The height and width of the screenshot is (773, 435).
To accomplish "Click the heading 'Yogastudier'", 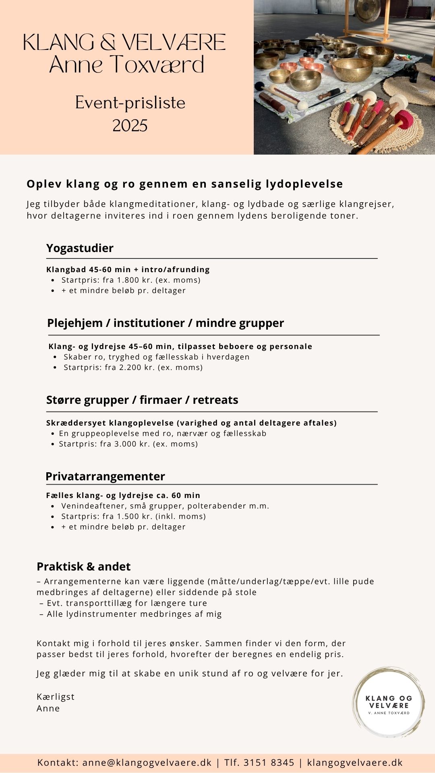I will tap(80, 248).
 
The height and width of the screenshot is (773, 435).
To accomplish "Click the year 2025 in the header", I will tap(130, 126).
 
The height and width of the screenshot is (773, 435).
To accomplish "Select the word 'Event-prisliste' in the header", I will tap(130, 103).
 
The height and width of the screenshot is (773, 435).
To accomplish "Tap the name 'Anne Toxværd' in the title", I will tap(127, 64).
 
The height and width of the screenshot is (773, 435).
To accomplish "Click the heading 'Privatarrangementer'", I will tap(105, 476).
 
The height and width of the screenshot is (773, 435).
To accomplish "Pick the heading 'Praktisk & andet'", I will tap(83, 566).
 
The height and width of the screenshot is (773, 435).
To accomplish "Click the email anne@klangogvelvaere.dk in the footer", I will tap(147, 763).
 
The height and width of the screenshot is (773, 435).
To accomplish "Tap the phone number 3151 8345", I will tap(269, 763).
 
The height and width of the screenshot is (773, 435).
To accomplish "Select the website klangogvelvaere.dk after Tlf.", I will tap(355, 763).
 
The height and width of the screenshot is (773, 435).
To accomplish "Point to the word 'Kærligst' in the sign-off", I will tap(56, 697).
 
